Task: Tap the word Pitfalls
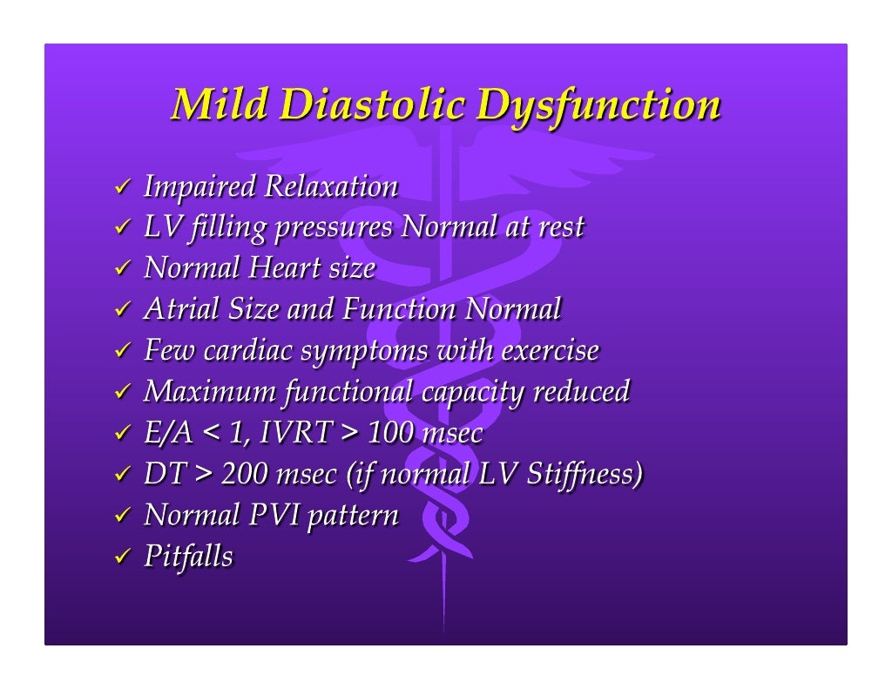(x=188, y=557)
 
